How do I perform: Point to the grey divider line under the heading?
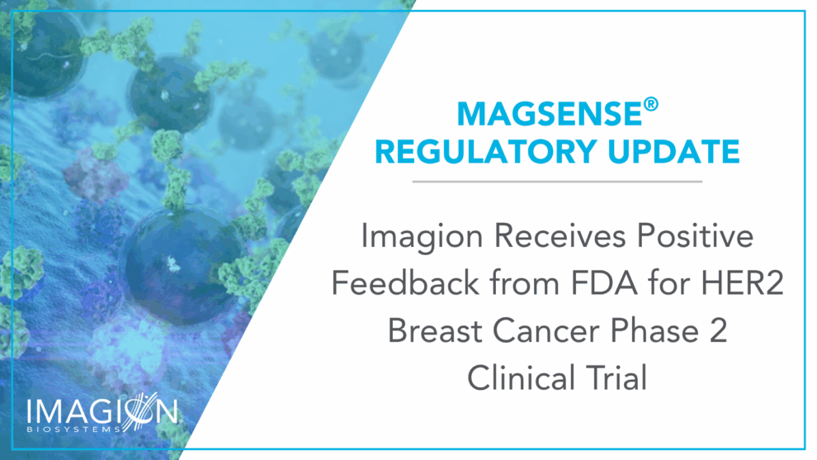click(x=557, y=182)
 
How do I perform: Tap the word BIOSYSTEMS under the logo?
click(x=72, y=430)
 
